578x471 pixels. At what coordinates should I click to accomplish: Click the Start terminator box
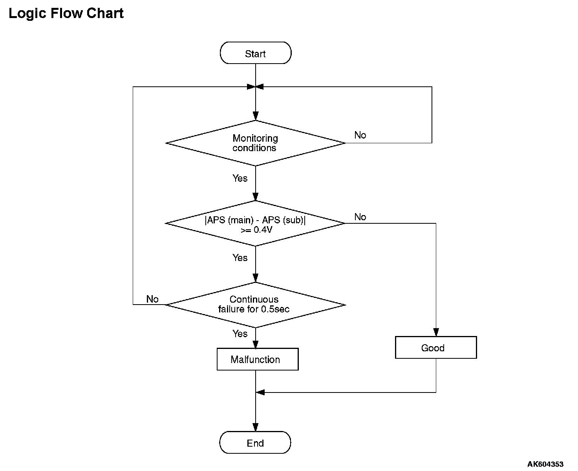point(255,53)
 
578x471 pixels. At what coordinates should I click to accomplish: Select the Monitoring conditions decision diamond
point(255,143)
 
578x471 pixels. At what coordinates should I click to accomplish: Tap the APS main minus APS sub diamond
point(255,223)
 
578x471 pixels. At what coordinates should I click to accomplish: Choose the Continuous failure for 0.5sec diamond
point(255,305)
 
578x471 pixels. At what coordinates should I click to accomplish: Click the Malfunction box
point(258,359)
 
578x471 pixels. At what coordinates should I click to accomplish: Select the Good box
point(436,347)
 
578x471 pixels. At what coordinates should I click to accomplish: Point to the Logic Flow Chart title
point(66,13)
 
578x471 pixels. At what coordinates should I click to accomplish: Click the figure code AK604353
point(545,464)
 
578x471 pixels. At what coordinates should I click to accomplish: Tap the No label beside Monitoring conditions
point(360,135)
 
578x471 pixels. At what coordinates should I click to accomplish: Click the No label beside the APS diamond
point(360,217)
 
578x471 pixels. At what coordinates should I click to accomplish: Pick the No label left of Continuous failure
point(152,299)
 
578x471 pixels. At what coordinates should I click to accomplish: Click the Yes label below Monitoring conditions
point(240,178)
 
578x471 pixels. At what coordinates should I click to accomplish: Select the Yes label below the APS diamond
point(240,258)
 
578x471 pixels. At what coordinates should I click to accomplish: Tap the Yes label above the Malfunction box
point(240,334)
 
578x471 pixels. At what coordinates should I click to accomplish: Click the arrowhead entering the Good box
point(436,332)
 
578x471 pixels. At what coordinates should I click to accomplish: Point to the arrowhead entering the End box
point(255,427)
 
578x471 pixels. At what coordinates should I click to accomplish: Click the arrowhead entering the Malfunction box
point(255,344)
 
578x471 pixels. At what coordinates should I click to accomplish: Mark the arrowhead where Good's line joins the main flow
point(260,392)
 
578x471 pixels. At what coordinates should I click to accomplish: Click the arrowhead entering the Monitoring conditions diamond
point(255,116)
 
